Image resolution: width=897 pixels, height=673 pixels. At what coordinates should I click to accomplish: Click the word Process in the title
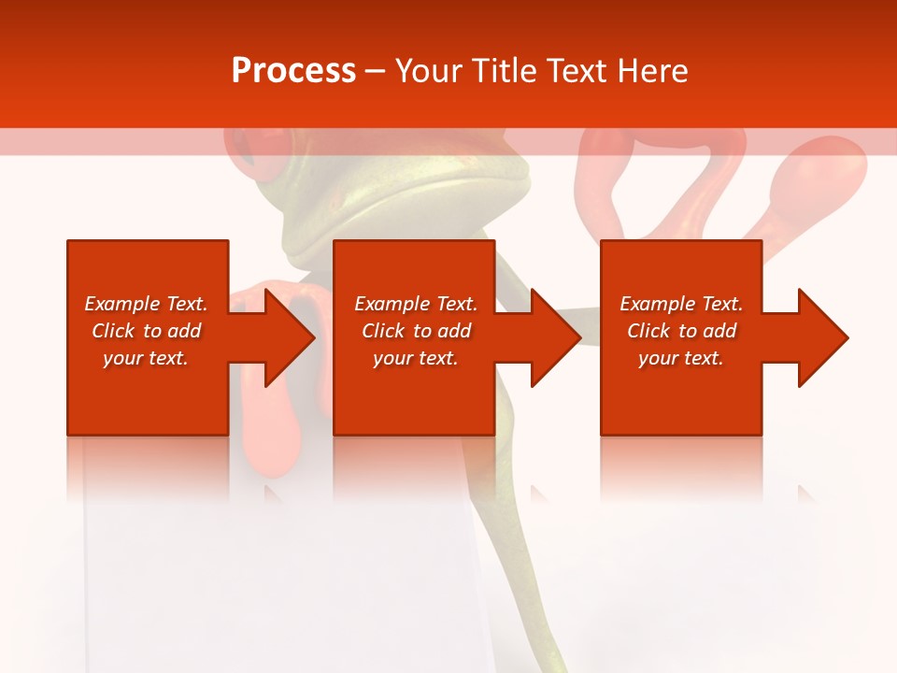coord(293,71)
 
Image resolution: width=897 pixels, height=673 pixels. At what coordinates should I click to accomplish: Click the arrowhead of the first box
coord(286,337)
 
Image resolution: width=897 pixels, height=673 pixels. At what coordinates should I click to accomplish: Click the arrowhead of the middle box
coord(552,337)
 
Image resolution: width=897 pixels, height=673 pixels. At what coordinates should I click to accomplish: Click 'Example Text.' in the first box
coord(146,304)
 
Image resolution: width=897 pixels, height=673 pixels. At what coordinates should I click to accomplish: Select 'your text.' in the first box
coord(146,358)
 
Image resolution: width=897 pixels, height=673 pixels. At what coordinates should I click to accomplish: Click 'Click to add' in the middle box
coord(416,331)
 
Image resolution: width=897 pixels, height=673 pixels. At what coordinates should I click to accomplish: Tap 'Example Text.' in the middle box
coord(416,304)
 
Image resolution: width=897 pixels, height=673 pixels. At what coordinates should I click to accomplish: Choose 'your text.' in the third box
coord(680,358)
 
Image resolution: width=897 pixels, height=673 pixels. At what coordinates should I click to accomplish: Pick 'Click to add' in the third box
coord(681,331)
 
